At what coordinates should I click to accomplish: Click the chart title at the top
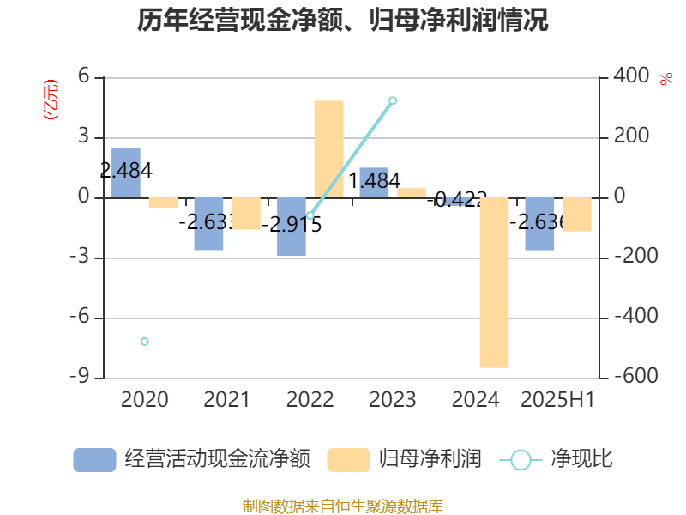343,20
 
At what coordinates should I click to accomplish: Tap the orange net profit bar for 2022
328,149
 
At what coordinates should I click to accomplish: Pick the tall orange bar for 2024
494,282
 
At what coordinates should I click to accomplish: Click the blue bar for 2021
208,224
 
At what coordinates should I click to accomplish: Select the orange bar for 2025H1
577,215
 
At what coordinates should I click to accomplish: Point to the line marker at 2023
393,101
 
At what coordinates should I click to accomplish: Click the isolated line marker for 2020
145,342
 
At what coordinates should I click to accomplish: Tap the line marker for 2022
310,215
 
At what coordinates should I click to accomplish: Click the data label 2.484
126,171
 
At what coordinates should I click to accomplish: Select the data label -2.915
292,225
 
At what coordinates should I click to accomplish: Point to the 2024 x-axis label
475,400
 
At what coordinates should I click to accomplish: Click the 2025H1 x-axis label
558,400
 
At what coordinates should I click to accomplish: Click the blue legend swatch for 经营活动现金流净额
94,460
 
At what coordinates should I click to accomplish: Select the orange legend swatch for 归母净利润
348,460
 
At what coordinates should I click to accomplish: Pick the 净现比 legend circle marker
521,460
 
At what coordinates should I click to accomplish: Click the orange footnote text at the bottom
343,506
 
